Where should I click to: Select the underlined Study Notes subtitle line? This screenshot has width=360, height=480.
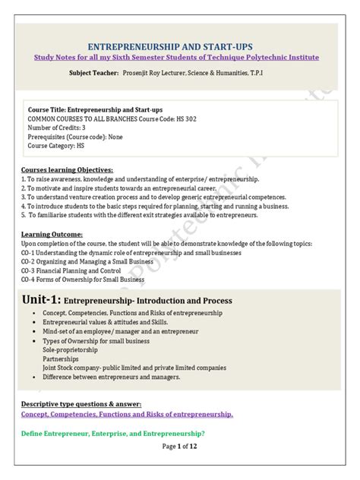click(x=179, y=58)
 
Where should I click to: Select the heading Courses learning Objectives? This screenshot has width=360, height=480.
click(x=68, y=169)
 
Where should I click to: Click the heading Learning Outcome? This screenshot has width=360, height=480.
click(x=52, y=235)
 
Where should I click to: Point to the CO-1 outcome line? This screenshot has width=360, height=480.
click(x=129, y=251)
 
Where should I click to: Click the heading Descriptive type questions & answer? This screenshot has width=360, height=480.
click(x=81, y=403)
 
